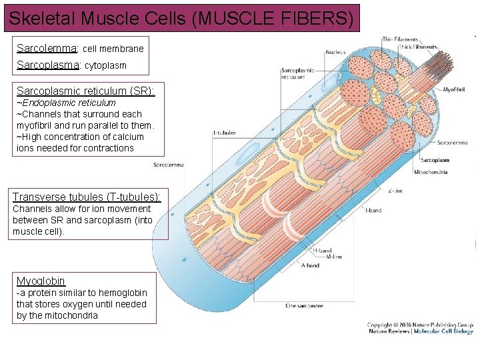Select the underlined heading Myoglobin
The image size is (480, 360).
[41, 281]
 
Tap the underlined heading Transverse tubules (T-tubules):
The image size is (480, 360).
[87, 197]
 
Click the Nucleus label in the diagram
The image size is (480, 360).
[335, 52]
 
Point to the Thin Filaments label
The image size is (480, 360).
[400, 40]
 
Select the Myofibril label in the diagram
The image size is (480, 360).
[453, 88]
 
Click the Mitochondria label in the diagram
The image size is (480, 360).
[431, 172]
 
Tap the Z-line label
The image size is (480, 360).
[395, 191]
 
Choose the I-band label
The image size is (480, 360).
[373, 211]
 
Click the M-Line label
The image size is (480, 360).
[333, 257]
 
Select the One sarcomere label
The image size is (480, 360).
[304, 306]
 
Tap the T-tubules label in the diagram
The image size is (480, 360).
[224, 133]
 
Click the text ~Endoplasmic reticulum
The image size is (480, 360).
[66, 103]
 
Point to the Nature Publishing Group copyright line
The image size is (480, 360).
[420, 325]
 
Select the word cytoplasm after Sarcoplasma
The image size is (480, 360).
[105, 66]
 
